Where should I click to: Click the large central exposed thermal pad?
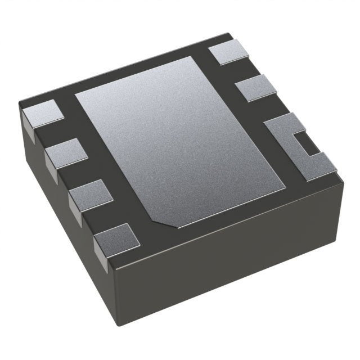coord(180,141)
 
